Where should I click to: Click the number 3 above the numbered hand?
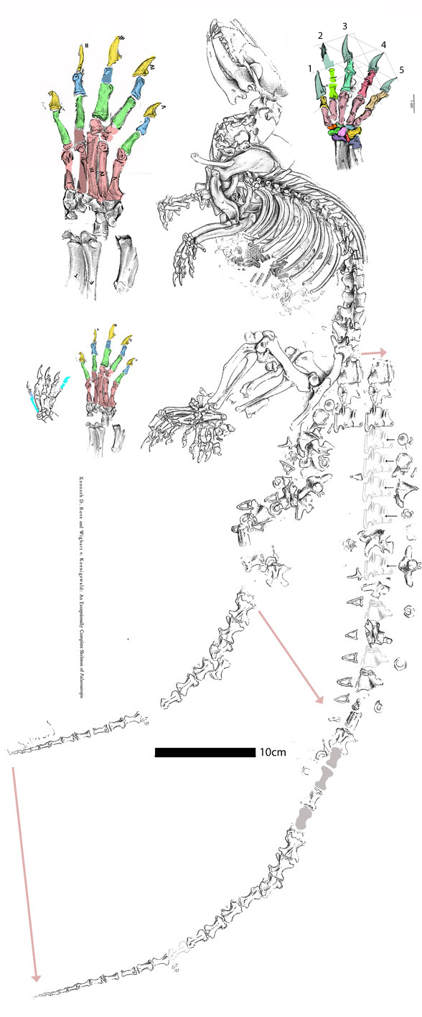[x=345, y=27]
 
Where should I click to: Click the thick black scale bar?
[x=205, y=752]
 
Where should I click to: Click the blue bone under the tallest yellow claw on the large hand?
[x=108, y=73]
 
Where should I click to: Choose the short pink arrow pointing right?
[x=373, y=352]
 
